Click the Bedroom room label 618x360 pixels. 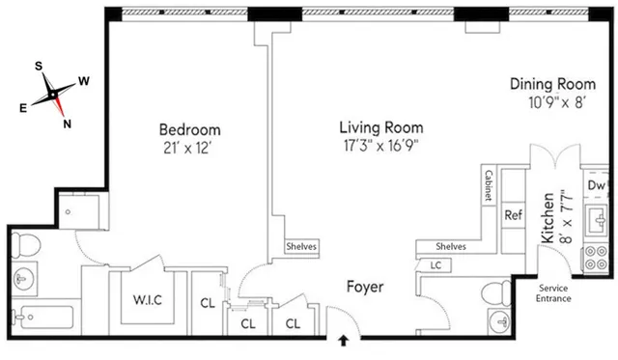(190, 130)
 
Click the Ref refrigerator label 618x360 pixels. (514, 216)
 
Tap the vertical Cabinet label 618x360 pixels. (490, 186)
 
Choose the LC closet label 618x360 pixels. (435, 263)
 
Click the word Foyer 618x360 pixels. (366, 287)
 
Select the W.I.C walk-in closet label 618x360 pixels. (146, 298)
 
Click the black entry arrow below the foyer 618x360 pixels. (345, 340)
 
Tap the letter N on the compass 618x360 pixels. (67, 123)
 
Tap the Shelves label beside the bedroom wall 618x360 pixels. (299, 246)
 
